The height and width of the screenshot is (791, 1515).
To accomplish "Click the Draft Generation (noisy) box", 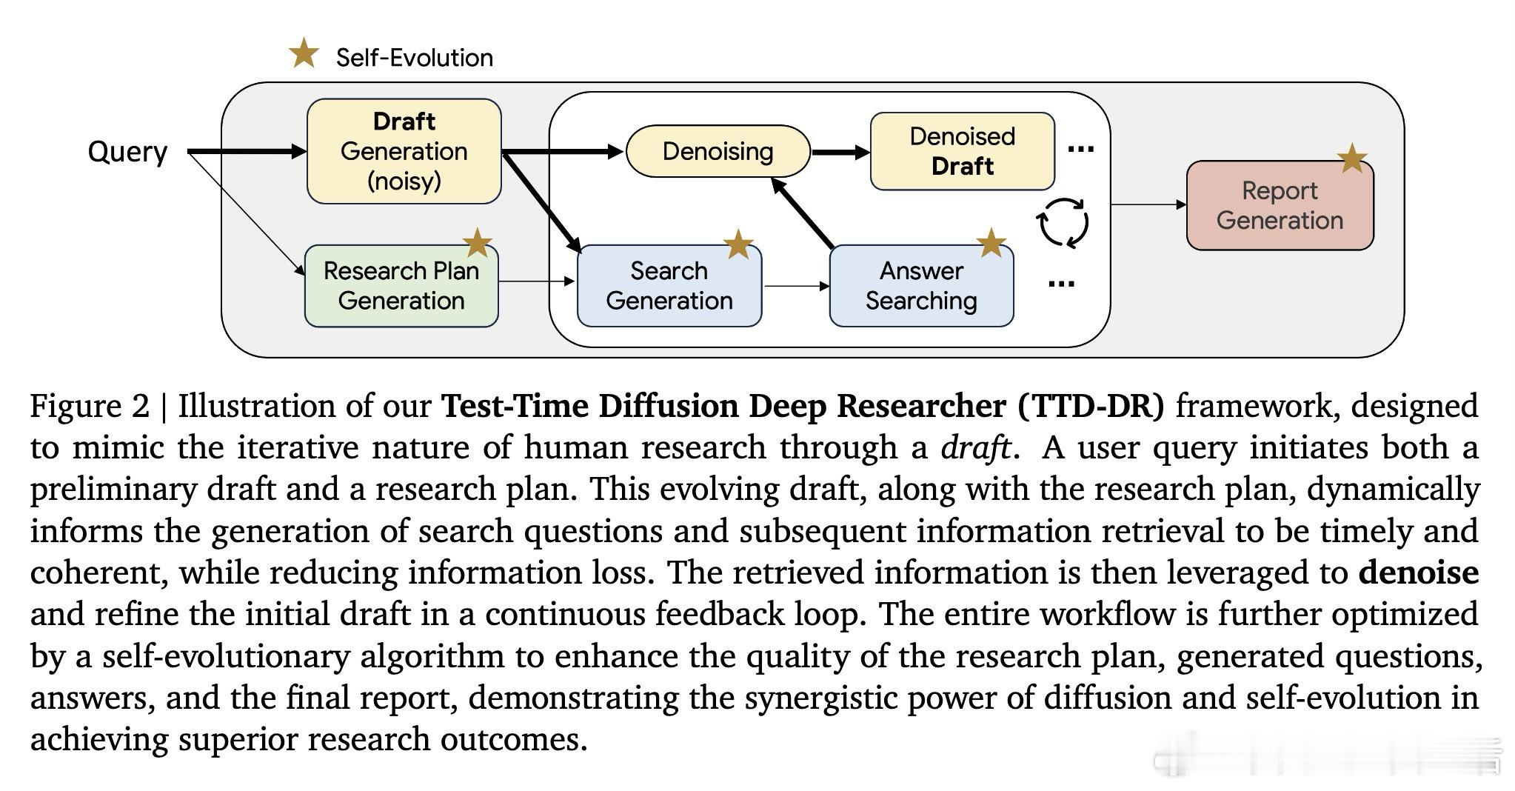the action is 404,151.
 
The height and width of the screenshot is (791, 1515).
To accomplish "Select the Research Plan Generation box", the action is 401,286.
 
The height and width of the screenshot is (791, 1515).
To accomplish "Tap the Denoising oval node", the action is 718,151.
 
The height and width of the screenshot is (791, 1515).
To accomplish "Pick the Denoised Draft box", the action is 962,151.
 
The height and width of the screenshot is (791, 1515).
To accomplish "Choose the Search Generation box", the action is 669,286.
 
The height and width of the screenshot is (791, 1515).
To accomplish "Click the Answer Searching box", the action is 921,286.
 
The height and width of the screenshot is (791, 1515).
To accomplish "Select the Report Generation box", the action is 1280,205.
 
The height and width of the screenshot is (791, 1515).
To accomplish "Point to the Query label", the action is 127,152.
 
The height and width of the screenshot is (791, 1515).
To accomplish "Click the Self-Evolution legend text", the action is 415,58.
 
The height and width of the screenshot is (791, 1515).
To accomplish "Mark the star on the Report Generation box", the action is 1352,158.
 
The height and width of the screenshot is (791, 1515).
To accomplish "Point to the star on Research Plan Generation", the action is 478,243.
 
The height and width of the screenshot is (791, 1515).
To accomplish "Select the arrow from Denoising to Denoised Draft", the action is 841,153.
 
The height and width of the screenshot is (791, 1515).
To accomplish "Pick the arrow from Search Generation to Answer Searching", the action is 796,286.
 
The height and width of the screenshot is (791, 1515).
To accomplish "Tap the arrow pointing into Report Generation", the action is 1148,205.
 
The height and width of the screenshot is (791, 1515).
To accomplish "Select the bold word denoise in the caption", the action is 1419,573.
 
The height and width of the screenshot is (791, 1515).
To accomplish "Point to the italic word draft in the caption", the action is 976,447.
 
